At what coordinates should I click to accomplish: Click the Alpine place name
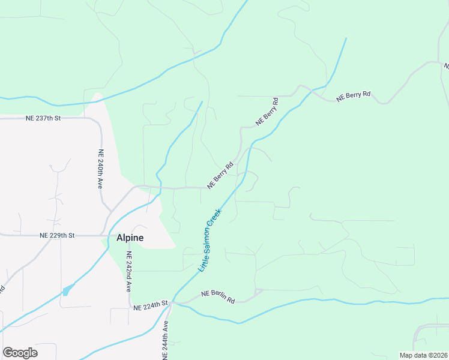129,238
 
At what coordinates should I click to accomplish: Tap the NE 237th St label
43,118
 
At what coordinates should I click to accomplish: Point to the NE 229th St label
56,236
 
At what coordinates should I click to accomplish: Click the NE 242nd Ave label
128,272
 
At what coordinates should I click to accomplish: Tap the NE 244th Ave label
166,340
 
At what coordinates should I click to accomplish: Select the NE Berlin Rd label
217,296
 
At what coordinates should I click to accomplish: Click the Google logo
20,353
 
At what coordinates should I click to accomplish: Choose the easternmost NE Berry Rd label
354,95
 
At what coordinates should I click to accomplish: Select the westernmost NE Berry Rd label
220,175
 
